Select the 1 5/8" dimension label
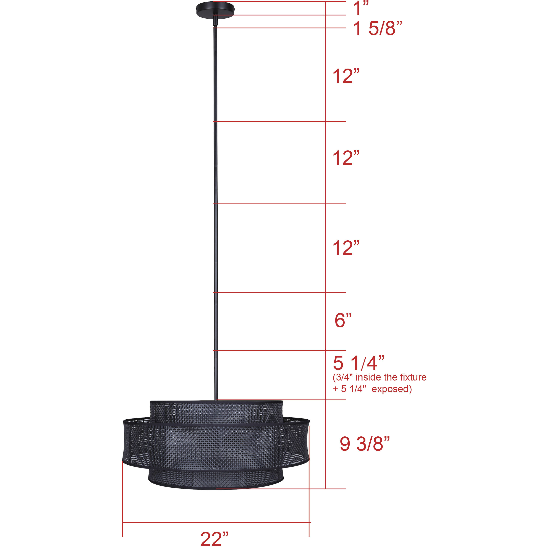(377, 29)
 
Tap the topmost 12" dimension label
(346, 77)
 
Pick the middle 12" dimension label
(346, 158)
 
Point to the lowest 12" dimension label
(346, 248)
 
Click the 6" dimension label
(343, 320)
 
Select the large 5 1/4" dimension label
(359, 363)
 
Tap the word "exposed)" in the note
(392, 389)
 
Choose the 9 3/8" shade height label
(365, 444)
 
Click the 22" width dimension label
(214, 539)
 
